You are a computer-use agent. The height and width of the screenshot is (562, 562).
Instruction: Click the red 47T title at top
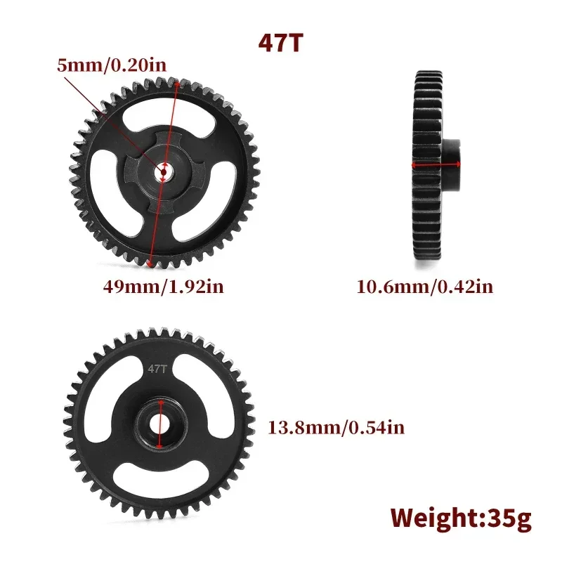[281, 41]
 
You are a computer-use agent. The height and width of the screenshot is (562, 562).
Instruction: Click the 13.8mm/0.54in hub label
[336, 426]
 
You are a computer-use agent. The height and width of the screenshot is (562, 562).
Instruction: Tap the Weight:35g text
[461, 518]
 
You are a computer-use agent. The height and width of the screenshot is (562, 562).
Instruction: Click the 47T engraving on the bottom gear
[156, 367]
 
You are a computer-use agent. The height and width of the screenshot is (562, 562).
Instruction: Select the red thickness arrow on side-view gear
[436, 166]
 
